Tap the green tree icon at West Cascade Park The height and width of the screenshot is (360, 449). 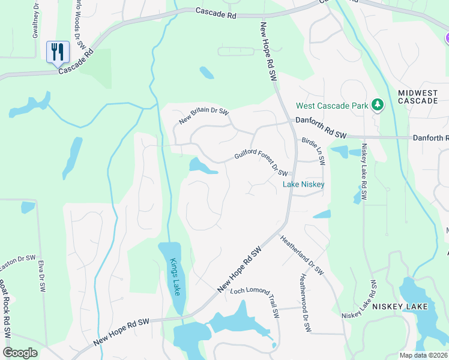[x=378, y=106]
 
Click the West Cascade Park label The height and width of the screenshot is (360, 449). [x=331, y=106]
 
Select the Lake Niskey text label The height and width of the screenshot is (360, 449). [x=304, y=184]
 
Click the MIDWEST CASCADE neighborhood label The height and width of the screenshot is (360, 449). [x=418, y=97]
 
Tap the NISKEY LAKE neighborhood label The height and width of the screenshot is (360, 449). [x=400, y=307]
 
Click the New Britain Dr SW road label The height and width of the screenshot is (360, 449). [x=204, y=116]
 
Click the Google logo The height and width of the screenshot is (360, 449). [x=20, y=353]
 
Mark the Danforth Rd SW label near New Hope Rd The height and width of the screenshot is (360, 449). [x=321, y=128]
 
